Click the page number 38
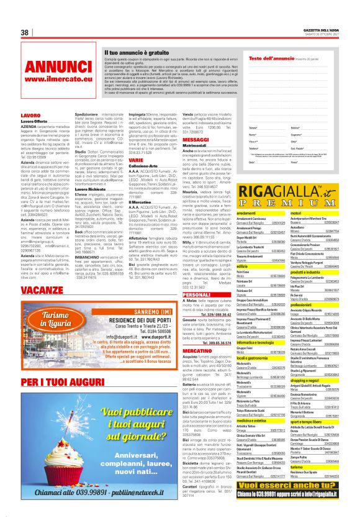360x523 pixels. coord(25,32)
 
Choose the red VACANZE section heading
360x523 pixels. coord(42,289)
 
